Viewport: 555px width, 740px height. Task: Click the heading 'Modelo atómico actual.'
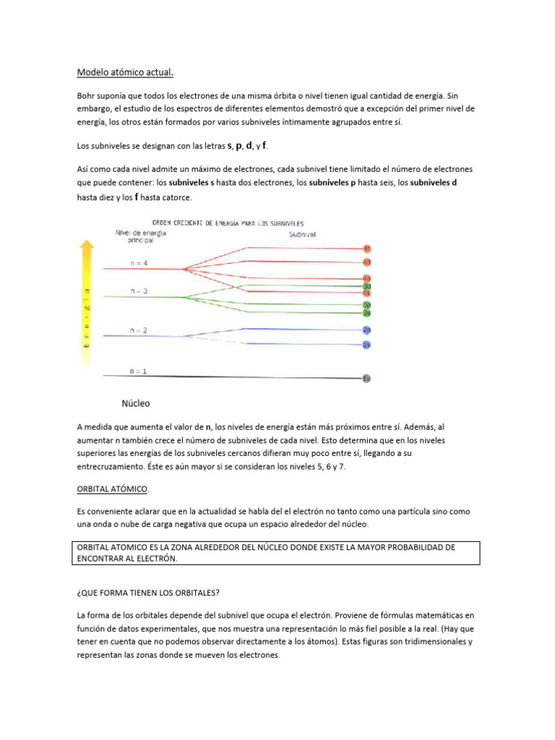tap(125, 72)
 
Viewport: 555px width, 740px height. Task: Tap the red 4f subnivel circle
tap(367, 249)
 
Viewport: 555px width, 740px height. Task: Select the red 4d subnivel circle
tap(367, 262)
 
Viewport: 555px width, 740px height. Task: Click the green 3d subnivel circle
tap(367, 286)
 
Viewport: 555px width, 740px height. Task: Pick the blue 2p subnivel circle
tap(367, 330)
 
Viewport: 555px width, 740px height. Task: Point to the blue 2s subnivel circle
tap(367, 345)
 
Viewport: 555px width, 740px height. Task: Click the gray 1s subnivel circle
tap(367, 378)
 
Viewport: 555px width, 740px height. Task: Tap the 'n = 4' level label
tap(139, 264)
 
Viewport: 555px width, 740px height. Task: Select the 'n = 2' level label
tap(139, 330)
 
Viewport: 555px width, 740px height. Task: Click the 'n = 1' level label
tap(138, 371)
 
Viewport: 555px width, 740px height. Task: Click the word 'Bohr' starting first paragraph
tap(87, 95)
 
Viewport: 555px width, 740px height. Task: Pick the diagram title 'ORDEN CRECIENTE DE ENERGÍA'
tap(227, 223)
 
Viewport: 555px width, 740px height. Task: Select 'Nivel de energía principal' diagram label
tap(140, 236)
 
